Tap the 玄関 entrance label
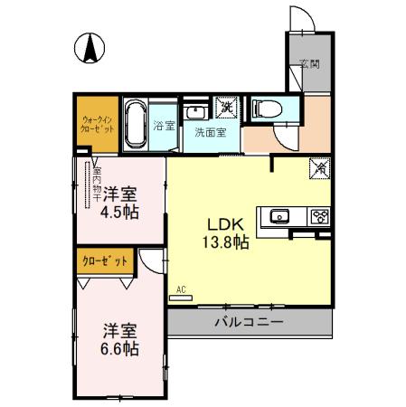coord(309,64)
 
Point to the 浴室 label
coord(163,126)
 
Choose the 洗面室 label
coord(211,133)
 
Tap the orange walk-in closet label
coord(97,123)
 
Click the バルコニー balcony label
coord(250,322)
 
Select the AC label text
coord(182,290)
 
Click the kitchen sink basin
coord(279,216)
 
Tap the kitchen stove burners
coord(320,216)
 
